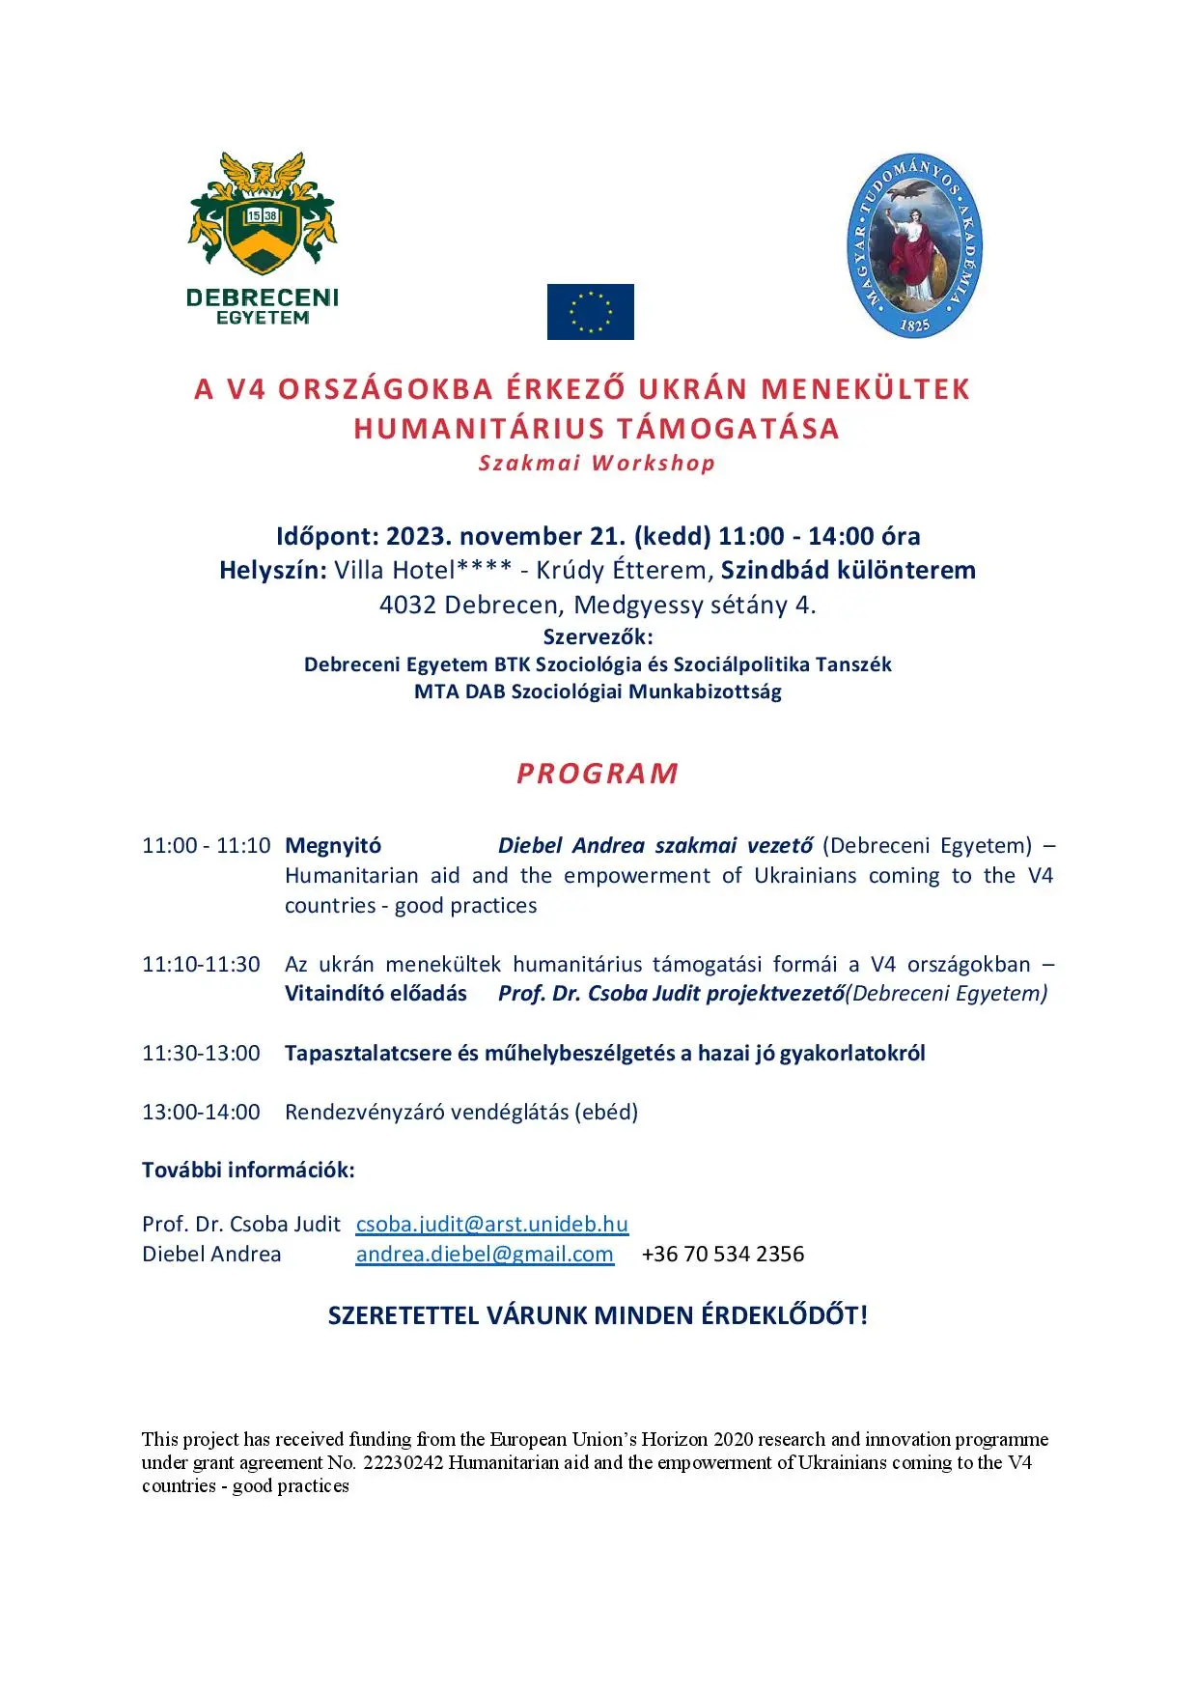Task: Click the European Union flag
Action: [x=590, y=312]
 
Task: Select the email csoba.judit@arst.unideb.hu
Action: [x=491, y=1224]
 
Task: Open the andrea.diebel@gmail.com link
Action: [x=485, y=1254]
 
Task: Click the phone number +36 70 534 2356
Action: [x=722, y=1254]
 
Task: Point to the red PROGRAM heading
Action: [x=598, y=774]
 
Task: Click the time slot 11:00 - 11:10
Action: [x=206, y=846]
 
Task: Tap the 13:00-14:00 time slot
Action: [x=201, y=1112]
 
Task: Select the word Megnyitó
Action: [x=333, y=846]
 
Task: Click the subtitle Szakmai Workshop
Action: [x=598, y=463]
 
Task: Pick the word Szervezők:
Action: [x=598, y=636]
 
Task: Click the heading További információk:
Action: [x=248, y=1170]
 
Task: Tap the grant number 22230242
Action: [x=403, y=1462]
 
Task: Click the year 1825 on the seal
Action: [x=914, y=325]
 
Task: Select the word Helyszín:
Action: [x=273, y=570]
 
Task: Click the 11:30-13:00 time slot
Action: [x=201, y=1053]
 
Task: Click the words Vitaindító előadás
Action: [x=376, y=993]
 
